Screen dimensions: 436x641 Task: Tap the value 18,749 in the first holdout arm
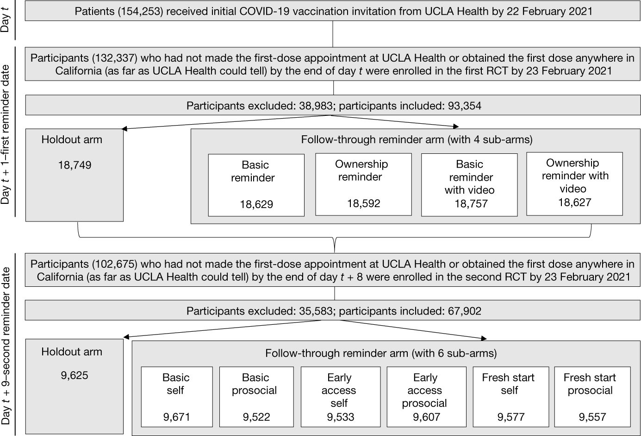75,165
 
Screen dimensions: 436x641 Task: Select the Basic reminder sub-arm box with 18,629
256,185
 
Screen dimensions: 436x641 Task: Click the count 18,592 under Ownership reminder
363,203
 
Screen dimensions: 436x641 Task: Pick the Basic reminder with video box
469,184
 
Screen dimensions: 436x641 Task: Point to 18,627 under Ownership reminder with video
574,202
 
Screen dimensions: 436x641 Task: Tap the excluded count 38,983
314,106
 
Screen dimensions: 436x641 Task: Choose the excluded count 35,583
314,311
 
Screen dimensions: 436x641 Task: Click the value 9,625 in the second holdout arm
75,375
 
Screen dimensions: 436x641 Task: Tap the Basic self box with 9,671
177,397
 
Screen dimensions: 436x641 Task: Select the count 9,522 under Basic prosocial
256,417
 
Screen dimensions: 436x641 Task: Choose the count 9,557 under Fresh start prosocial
592,417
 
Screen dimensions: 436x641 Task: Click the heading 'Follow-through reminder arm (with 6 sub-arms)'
380,354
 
